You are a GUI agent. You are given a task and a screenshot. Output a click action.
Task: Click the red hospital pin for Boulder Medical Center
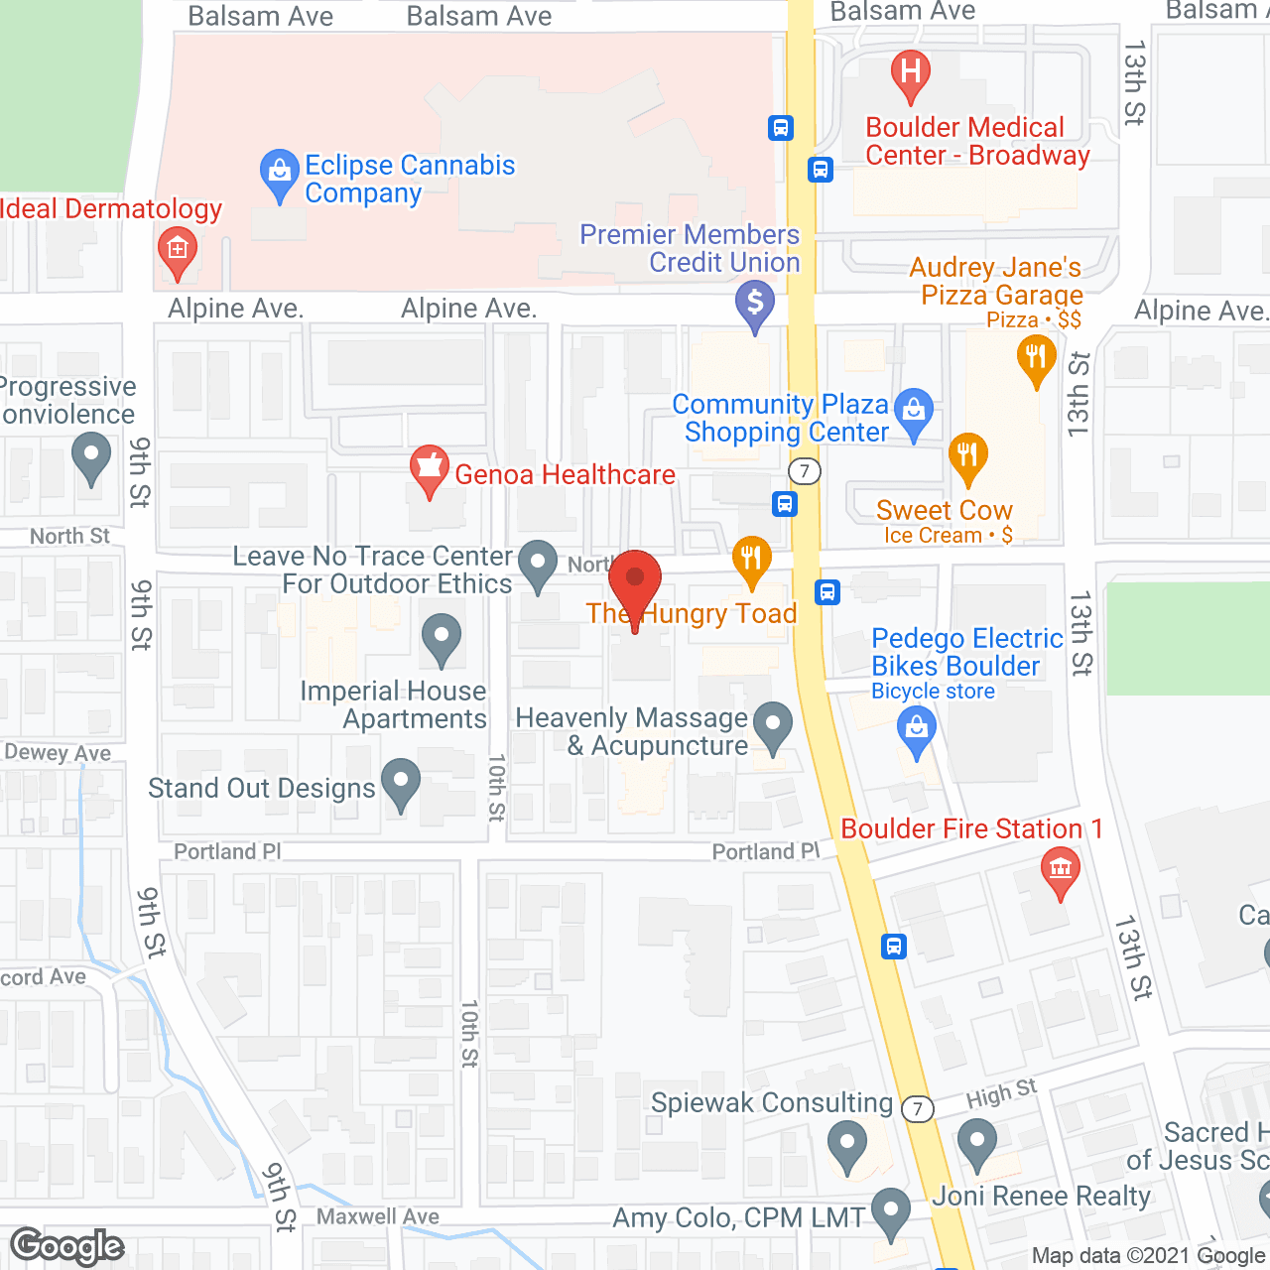point(910,73)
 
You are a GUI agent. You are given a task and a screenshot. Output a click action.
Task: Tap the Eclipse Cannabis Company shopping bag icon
point(280,174)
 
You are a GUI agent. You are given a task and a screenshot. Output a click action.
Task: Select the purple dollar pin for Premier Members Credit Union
point(755,304)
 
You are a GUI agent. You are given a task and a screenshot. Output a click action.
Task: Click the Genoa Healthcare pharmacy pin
point(430,468)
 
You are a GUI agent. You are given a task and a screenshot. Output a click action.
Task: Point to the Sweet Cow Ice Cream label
point(945,521)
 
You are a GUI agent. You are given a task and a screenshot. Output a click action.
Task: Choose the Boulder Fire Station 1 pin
point(1061,871)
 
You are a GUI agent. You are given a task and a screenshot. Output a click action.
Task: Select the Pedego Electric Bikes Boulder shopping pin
point(917,733)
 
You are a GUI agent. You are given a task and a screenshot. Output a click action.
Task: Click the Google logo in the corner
point(67,1245)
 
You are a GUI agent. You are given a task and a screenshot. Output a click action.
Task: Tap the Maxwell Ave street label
point(378,1216)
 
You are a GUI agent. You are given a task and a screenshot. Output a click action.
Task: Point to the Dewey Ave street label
point(58,753)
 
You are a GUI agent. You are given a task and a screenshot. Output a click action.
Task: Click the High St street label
point(1001,1094)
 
